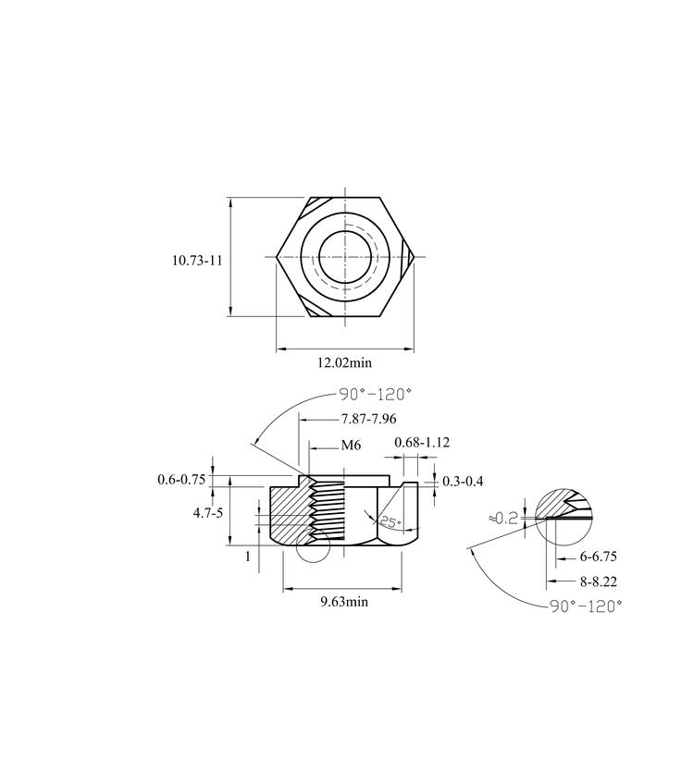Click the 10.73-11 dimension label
(197, 261)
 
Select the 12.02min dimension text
(345, 362)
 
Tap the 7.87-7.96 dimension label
(368, 419)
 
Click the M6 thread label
(351, 445)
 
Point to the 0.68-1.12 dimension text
(422, 443)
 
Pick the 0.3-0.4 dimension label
(463, 482)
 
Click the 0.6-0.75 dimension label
(181, 480)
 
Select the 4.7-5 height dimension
(208, 513)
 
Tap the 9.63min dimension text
(344, 602)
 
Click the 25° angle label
(390, 522)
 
